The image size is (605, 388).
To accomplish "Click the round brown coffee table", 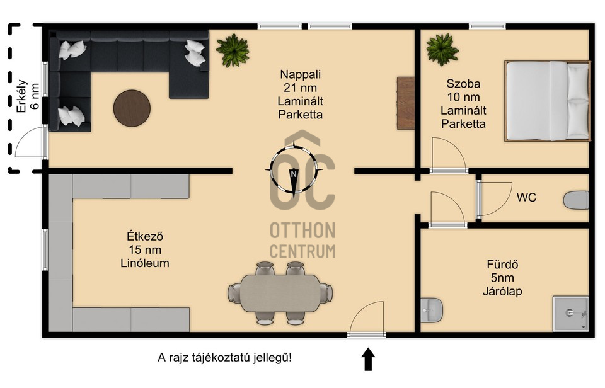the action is pyautogui.click(x=132, y=108).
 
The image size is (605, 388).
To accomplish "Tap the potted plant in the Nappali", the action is pyautogui.click(x=233, y=50).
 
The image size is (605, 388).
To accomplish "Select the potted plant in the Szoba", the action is pyautogui.click(x=442, y=50).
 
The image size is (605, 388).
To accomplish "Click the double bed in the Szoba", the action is pyautogui.click(x=548, y=101).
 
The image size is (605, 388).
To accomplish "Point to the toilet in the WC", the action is pyautogui.click(x=576, y=200).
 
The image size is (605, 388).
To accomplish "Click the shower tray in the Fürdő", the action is pyautogui.click(x=571, y=314).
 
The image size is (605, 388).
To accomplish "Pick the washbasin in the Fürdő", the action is pyautogui.click(x=431, y=311).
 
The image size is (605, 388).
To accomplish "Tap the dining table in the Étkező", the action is pyautogui.click(x=280, y=293).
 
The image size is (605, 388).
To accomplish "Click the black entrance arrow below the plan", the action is pyautogui.click(x=369, y=359).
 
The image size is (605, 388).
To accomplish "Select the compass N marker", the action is pyautogui.click(x=294, y=174).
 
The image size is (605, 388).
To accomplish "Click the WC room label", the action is pyautogui.click(x=526, y=198).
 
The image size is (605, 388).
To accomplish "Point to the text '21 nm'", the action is pyautogui.click(x=301, y=88).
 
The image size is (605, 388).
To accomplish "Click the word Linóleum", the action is pyautogui.click(x=145, y=263).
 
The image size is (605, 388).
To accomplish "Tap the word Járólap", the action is pyautogui.click(x=502, y=291).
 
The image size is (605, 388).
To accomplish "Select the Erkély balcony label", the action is pyautogui.click(x=22, y=96).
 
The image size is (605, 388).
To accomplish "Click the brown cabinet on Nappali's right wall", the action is pyautogui.click(x=406, y=103).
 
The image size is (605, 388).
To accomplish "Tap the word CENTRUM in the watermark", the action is pyautogui.click(x=302, y=251).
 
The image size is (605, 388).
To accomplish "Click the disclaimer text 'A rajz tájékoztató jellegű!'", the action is pyautogui.click(x=225, y=358).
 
